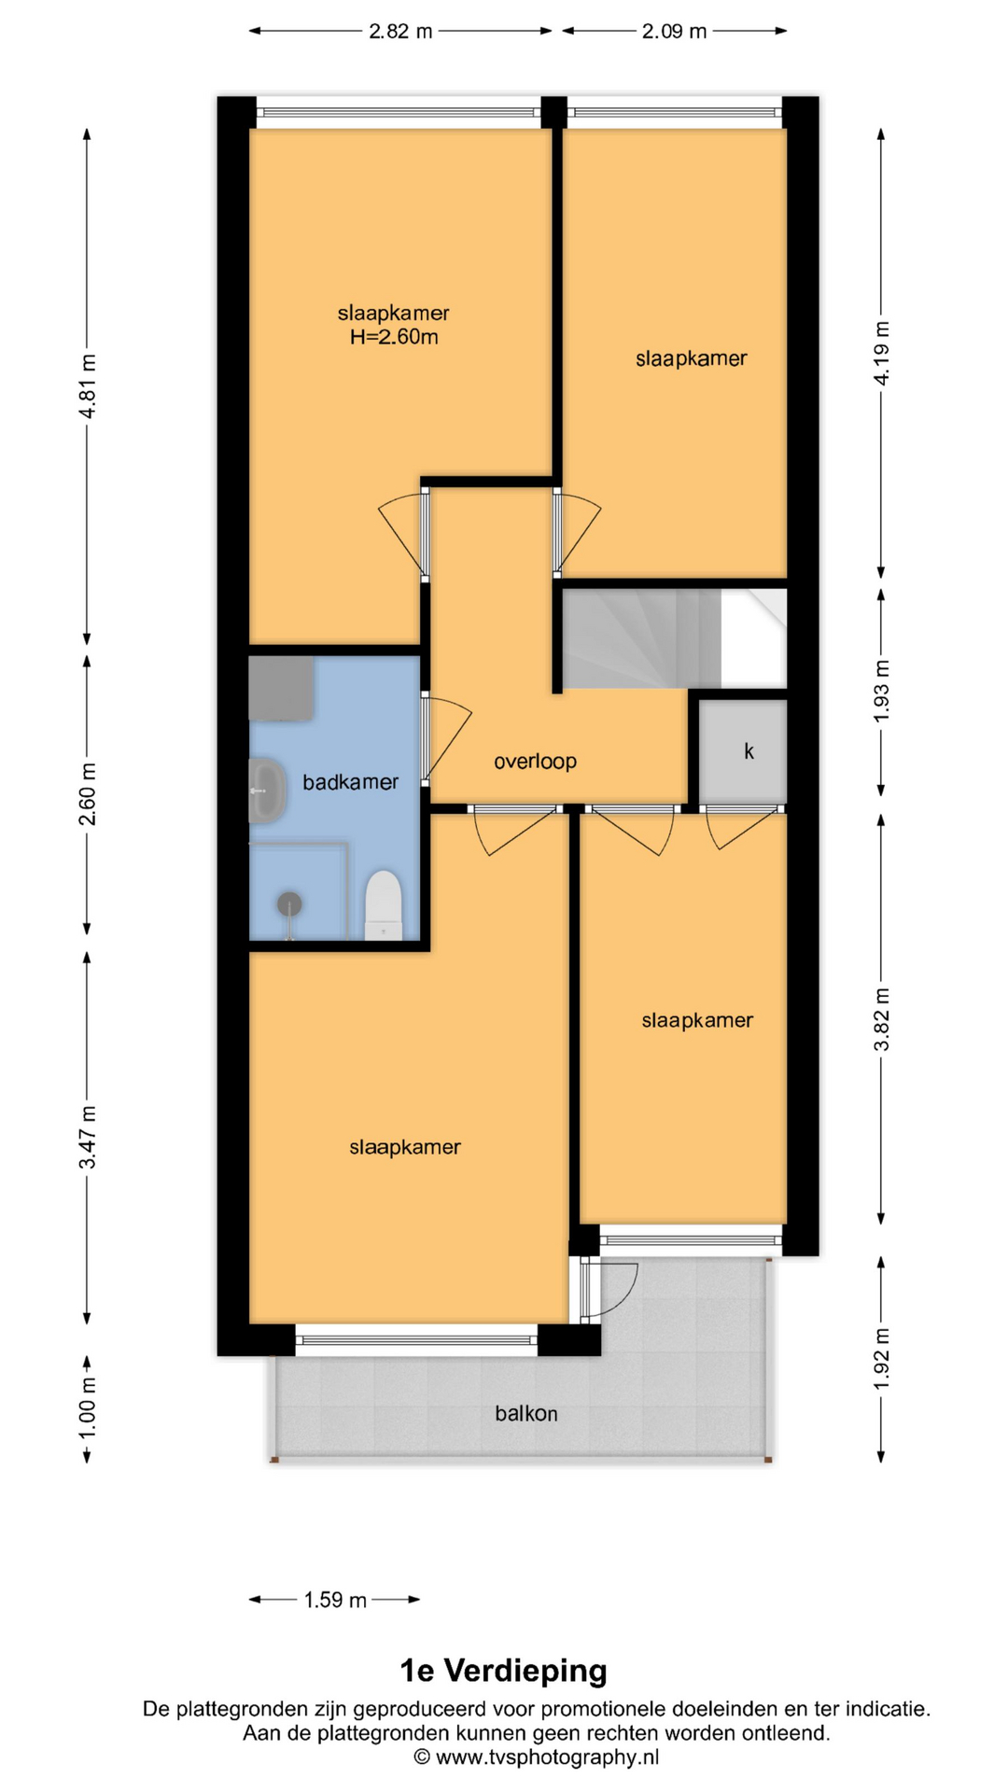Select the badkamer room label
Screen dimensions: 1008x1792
point(350,782)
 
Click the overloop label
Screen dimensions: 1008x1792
point(535,762)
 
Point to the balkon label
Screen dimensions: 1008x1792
point(526,1414)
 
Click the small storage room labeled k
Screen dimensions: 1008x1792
point(743,751)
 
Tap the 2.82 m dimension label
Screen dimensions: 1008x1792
point(400,31)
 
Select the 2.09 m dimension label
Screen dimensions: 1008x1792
point(674,31)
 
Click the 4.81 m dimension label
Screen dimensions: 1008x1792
point(87,386)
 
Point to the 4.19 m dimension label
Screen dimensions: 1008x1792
point(881,353)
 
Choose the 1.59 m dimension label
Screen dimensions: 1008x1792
point(335,1600)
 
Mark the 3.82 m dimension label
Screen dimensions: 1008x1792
point(881,1019)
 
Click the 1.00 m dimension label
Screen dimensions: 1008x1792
point(87,1407)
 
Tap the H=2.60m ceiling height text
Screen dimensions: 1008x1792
point(394,337)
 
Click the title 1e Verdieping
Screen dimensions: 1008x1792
point(504,1671)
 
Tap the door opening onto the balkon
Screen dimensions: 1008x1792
point(609,1290)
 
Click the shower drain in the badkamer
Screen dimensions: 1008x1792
point(289,903)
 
